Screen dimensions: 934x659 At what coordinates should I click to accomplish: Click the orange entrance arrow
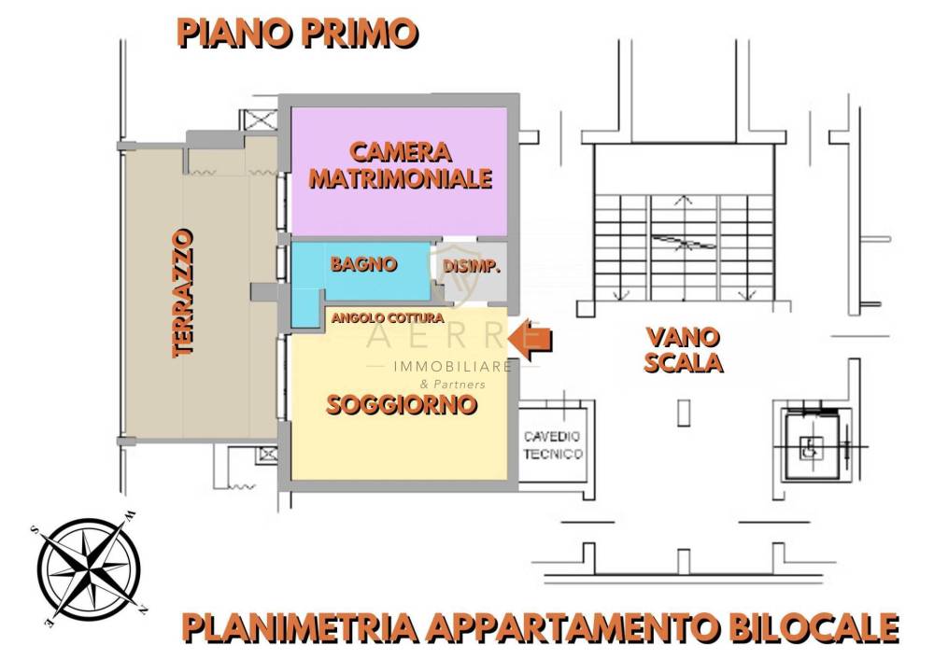531,340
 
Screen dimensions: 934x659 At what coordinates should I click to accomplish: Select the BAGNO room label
364,264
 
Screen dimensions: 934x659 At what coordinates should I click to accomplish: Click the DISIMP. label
471,266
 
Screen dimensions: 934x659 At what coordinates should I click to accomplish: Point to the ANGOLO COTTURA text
388,318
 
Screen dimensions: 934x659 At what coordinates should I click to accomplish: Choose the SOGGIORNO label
402,405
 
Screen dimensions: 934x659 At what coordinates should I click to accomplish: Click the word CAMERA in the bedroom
400,152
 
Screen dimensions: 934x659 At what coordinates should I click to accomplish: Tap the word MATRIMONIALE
401,178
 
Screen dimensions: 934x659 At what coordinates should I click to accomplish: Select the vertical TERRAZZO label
183,293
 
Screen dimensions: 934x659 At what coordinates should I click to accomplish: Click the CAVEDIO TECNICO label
553,445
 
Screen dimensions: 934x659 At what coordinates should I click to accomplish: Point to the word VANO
683,338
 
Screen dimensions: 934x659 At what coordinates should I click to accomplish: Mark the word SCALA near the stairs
684,362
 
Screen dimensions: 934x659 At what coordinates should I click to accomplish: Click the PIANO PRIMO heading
298,33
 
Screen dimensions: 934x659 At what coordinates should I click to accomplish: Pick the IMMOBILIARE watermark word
453,366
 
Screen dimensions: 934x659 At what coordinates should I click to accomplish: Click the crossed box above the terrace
259,120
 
